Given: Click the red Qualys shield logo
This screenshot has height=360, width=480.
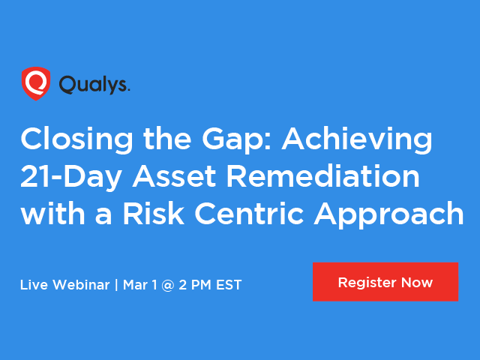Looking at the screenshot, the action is tap(36, 83).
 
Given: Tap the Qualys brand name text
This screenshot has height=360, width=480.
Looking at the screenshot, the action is tap(94, 85).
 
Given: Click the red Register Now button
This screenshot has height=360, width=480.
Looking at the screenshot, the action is tap(385, 282).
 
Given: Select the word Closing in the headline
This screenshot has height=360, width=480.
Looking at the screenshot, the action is tap(76, 139).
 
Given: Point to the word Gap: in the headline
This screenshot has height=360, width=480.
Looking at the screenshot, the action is tap(237, 139).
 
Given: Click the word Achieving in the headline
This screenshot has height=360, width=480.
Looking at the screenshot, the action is tap(357, 139).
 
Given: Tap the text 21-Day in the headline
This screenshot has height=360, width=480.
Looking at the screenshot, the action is tap(71, 177).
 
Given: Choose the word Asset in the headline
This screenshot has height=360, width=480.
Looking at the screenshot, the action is tap(175, 176).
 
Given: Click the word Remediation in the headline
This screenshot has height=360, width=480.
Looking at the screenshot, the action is tap(323, 176).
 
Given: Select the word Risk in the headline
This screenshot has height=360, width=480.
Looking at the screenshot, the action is tap(154, 213).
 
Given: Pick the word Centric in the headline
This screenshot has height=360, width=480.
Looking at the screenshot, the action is tap(249, 213).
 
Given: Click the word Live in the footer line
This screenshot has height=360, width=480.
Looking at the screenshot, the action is tap(34, 285).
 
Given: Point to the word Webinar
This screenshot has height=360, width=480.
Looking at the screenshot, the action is tap(81, 285).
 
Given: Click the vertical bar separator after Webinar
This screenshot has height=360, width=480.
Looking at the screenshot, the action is tap(116, 285).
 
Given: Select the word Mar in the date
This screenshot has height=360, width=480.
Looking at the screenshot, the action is tap(135, 285).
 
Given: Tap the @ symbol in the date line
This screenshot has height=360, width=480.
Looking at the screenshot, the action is tap(168, 285).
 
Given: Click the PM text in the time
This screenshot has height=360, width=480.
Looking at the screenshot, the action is tap(201, 285).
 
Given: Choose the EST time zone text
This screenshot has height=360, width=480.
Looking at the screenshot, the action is tap(229, 285).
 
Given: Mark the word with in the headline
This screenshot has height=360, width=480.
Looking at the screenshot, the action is tap(52, 213).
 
